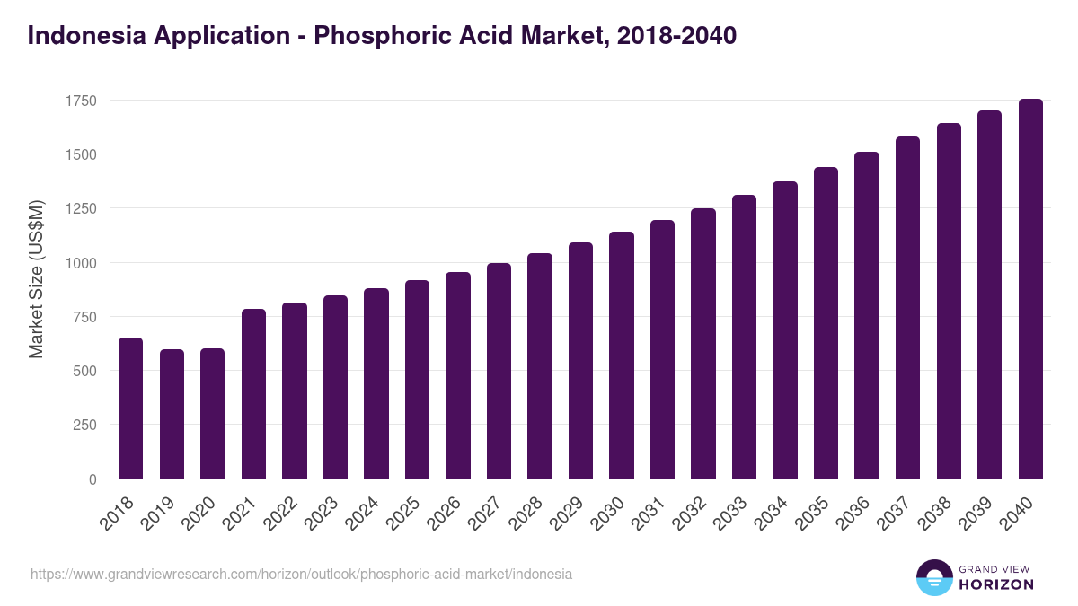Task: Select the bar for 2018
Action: pos(130,408)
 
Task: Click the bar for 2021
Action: pos(253,394)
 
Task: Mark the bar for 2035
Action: pos(826,323)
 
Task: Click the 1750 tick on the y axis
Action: pos(81,101)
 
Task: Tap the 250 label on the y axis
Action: pos(84,426)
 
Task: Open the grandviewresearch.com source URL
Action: pos(301,574)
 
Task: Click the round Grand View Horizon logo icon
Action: pos(933,578)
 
